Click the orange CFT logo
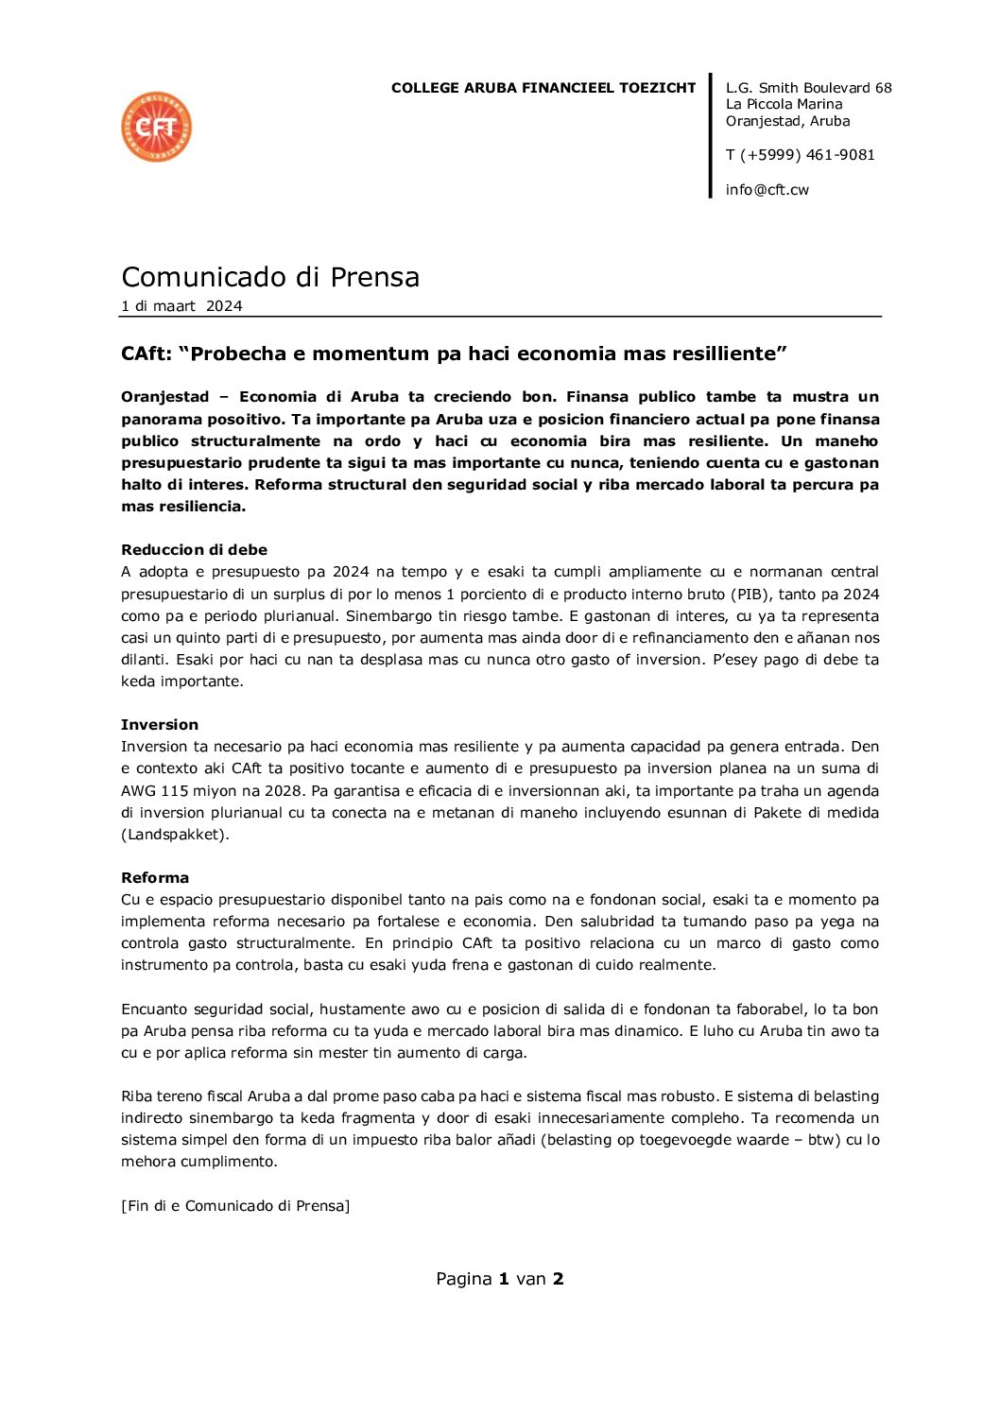[157, 127]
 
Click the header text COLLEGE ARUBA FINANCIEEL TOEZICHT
[543, 88]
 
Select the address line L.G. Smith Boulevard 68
[808, 88]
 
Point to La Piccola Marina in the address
[784, 104]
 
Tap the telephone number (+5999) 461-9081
[807, 155]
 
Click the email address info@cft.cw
[767, 190]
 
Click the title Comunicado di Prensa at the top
[270, 277]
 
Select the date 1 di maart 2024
[181, 306]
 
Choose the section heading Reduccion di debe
[194, 550]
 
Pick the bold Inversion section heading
[160, 725]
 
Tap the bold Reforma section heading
[155, 878]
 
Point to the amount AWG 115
[154, 791]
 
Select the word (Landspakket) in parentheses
[175, 835]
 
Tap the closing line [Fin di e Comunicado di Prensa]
[235, 1206]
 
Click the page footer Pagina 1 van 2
[499, 1279]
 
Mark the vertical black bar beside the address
[711, 135]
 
